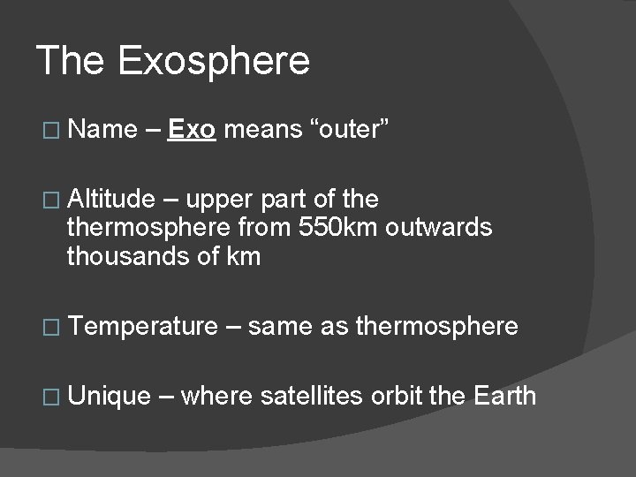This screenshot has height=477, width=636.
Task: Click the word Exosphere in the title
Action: [x=213, y=61]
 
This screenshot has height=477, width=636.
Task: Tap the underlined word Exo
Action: [x=192, y=130]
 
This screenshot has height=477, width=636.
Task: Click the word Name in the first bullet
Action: [x=102, y=130]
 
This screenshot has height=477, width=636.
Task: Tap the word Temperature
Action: [x=142, y=326]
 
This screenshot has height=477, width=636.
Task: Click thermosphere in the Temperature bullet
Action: [x=436, y=326]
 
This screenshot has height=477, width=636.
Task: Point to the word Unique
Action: [x=110, y=395]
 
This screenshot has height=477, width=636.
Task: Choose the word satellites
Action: [x=311, y=395]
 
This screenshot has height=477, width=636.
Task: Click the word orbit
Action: [x=397, y=395]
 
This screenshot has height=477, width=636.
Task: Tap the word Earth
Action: [x=504, y=395]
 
